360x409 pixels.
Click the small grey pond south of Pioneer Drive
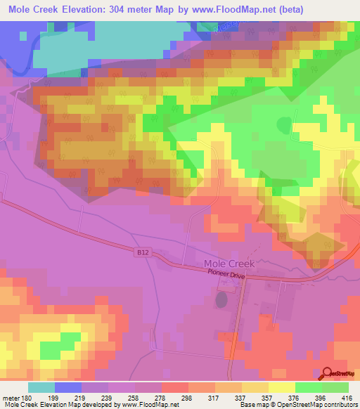[x=221, y=300]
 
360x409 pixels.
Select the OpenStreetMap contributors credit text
[x=319, y=404]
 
